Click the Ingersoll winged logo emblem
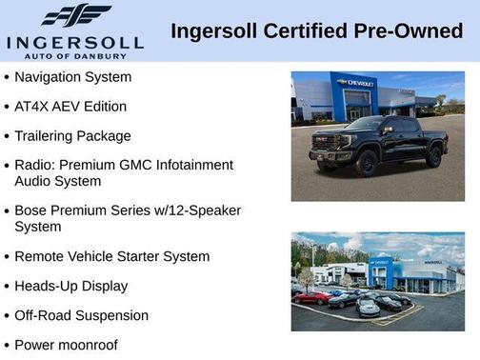coord(75,15)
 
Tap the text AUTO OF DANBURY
coord(75,54)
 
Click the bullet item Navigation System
coord(73,76)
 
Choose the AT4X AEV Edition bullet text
coord(70,106)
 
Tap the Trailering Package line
coord(72,135)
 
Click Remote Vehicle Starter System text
coord(111,256)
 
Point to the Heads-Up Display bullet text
coord(70,286)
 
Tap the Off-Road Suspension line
coord(82,315)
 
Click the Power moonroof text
coord(66,345)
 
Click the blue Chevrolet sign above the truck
coord(355,84)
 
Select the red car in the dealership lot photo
coord(311,297)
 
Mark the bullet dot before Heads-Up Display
coord(8,287)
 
